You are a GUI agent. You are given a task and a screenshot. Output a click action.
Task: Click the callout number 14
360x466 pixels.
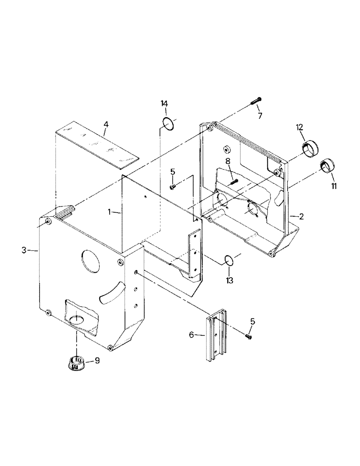[x=164, y=103]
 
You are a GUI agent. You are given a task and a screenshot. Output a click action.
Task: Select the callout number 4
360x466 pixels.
[x=106, y=125]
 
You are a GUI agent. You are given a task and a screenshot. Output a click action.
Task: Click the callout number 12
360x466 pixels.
[x=299, y=127]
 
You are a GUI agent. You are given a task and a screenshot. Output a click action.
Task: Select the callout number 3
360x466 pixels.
[x=24, y=251]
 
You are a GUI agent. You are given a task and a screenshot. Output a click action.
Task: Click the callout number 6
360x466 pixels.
[x=191, y=335]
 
